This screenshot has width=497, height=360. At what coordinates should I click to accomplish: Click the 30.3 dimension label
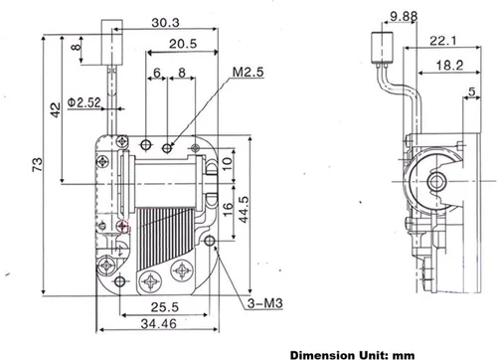click(165, 23)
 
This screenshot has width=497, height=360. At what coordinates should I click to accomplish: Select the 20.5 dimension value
click(183, 44)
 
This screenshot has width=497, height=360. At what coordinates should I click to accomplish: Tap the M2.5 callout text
click(248, 72)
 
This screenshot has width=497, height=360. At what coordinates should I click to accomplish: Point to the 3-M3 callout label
click(265, 303)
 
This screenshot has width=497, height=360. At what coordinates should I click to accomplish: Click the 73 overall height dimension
click(38, 164)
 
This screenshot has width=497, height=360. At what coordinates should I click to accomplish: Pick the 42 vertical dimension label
click(56, 109)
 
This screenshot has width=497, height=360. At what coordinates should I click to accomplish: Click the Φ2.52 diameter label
click(83, 102)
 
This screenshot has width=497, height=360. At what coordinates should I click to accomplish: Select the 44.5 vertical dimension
click(244, 209)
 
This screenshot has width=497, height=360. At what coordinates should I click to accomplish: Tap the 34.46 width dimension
click(159, 323)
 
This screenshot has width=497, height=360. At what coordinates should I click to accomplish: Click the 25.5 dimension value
click(165, 307)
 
